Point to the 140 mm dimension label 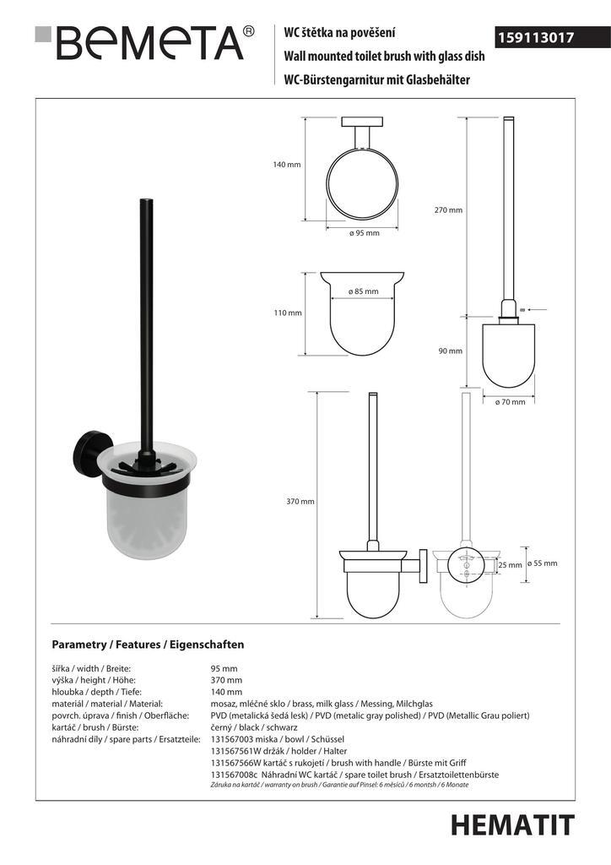(287, 165)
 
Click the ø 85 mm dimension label (364, 291)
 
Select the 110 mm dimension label (287, 313)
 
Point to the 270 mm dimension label (448, 209)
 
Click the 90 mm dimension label (450, 351)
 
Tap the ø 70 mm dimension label (510, 402)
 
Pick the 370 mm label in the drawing (300, 501)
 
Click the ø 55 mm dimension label (541, 563)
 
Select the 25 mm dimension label (509, 564)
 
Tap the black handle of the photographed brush (144, 321)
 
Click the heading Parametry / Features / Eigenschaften (148, 644)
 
